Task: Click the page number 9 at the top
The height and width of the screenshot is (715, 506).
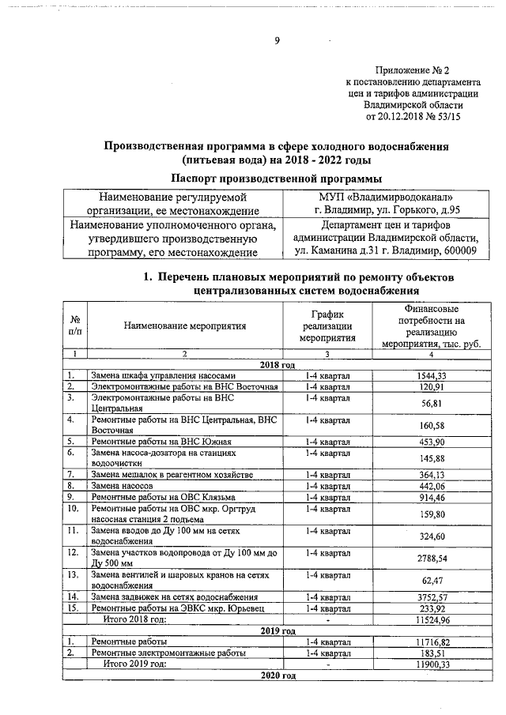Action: (x=277, y=42)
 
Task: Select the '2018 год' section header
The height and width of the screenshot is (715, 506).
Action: (x=278, y=364)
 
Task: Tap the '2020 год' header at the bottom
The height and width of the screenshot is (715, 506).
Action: (x=278, y=677)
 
